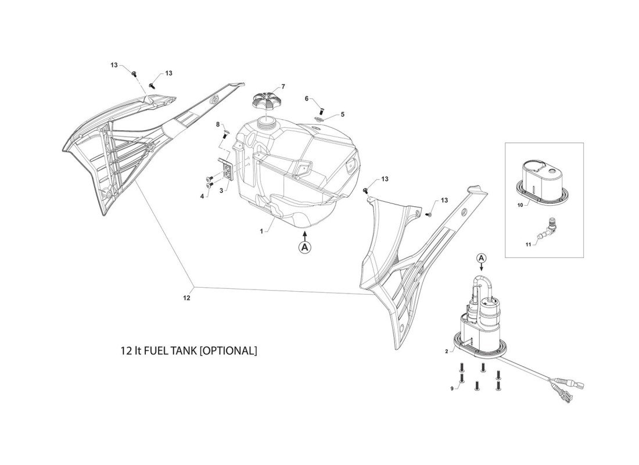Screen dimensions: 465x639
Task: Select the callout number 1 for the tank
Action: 262,231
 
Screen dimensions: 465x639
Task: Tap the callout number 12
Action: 186,298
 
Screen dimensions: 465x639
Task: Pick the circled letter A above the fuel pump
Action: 481,257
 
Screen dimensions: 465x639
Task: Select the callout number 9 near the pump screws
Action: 451,389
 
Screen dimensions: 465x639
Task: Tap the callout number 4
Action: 202,196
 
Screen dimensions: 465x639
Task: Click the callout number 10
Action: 520,205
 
